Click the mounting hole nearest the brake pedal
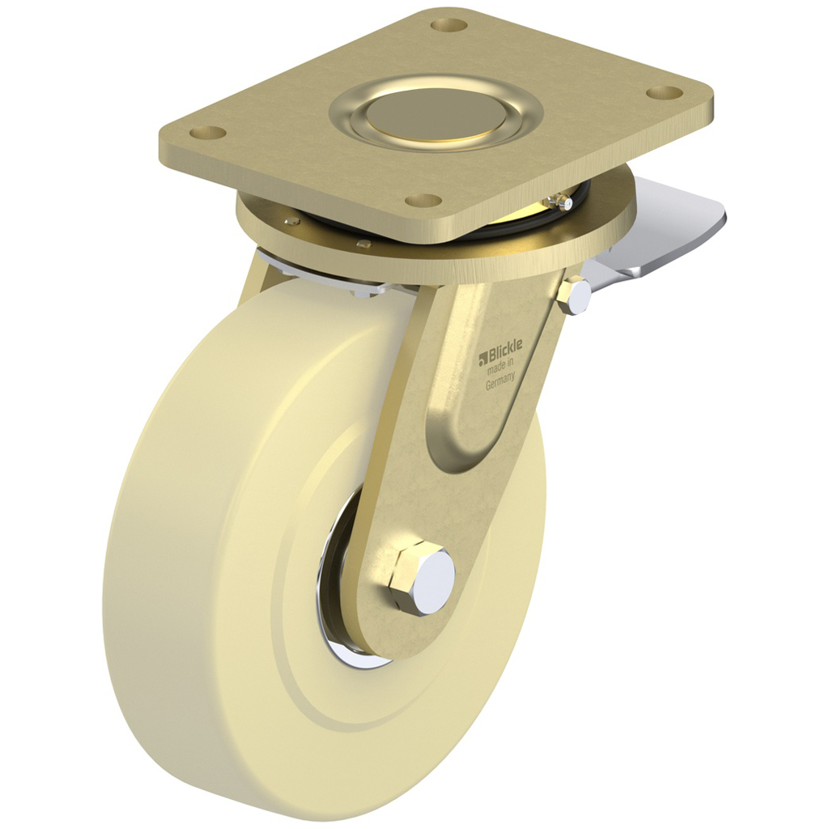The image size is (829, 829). coord(665,92)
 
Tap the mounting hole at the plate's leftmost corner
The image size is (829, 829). coord(208,132)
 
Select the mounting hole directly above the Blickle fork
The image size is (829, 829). coord(423,200)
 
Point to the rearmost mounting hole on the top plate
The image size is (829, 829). coord(450,24)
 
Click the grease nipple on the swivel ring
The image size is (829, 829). coord(556,199)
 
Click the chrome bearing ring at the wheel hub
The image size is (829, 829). coord(336,615)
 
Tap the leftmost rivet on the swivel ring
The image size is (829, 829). coord(293,220)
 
